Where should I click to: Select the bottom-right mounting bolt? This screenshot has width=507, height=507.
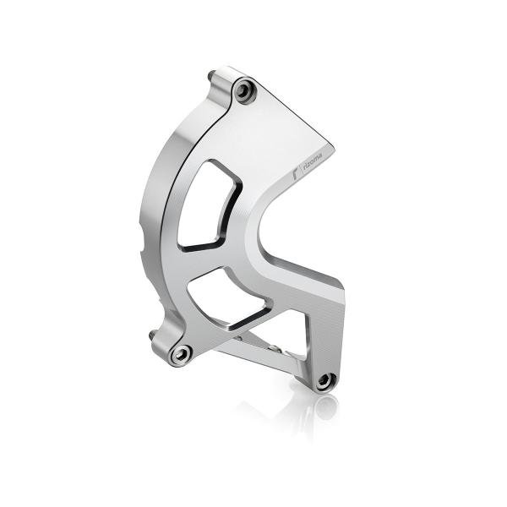tap(325, 381)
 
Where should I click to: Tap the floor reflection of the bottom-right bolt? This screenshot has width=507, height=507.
tap(324, 407)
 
